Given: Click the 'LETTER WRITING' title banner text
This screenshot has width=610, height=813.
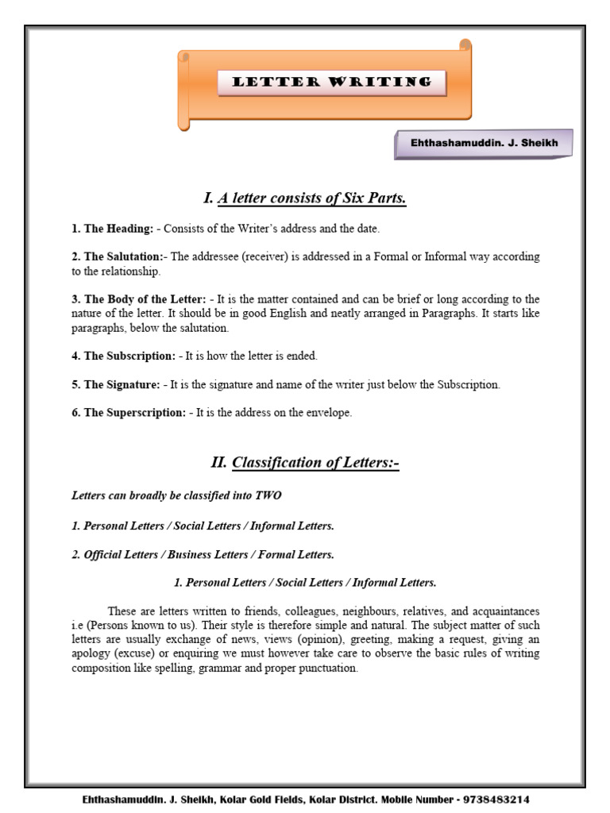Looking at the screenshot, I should point(331,82).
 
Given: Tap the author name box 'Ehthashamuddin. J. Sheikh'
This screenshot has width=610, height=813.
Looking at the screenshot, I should point(483,144).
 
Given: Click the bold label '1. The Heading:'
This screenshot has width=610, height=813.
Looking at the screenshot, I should point(112,229).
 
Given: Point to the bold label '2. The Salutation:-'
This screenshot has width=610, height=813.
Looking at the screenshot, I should point(118,257).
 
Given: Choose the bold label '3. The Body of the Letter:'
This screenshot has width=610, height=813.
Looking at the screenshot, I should point(139,299).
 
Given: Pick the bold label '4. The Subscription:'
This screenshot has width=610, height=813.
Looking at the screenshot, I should point(124,356).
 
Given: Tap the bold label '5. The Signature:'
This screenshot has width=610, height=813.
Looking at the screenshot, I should point(116,384).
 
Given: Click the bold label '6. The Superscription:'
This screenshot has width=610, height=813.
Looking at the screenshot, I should point(129,413).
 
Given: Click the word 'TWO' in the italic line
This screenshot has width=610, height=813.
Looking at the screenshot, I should point(268,495).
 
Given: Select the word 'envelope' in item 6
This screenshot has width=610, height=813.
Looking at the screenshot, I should point(329,413).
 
